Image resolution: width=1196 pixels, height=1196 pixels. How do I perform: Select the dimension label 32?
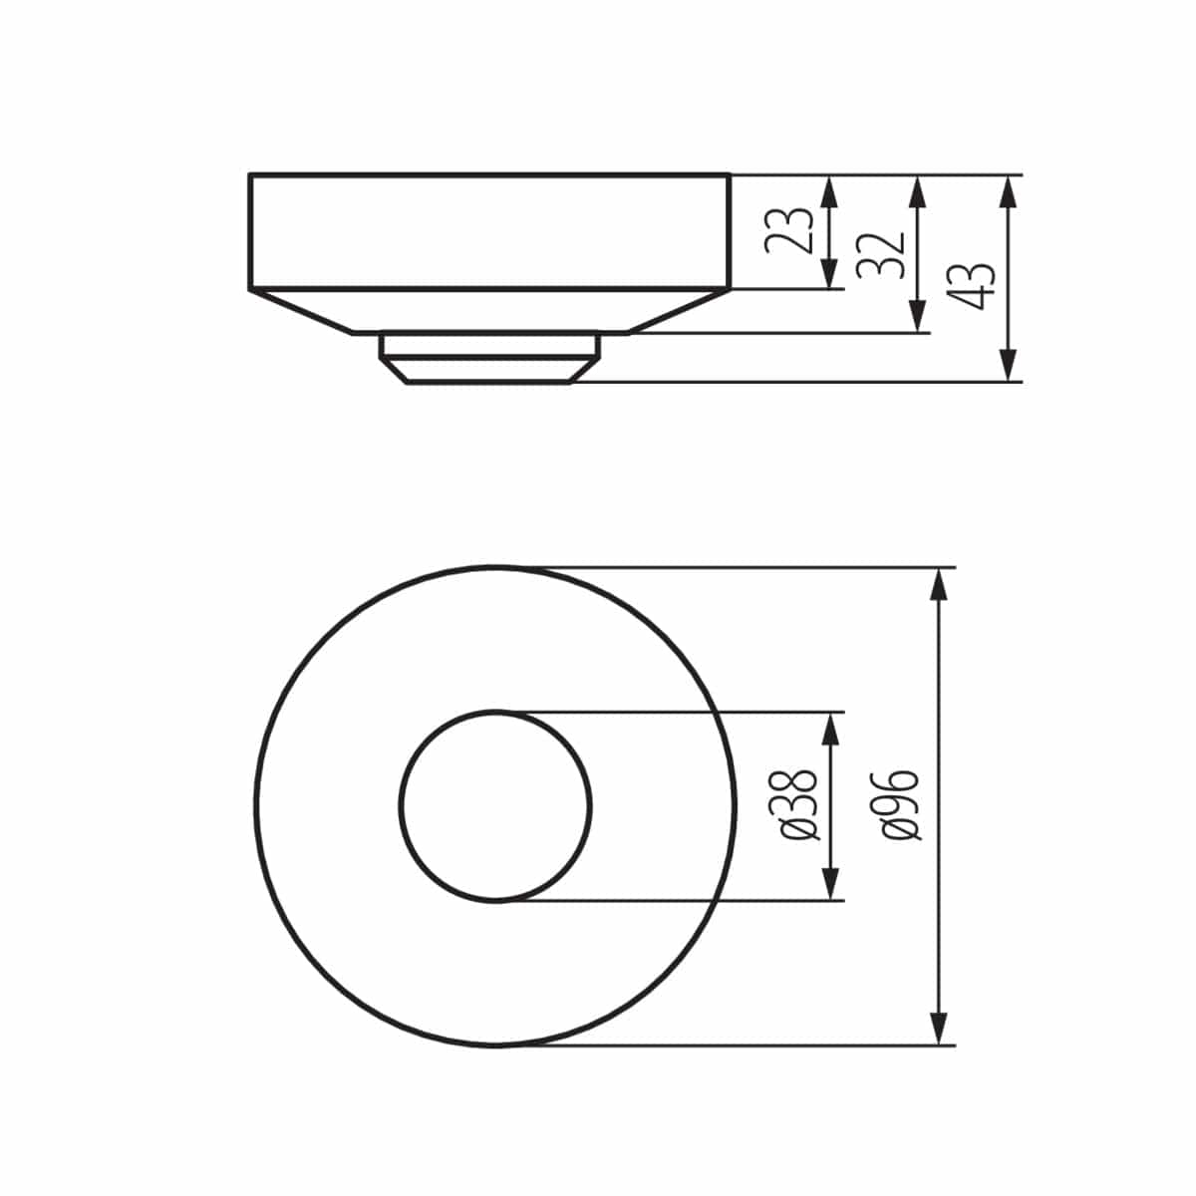(881, 254)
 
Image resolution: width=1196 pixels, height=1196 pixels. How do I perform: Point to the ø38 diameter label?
(798, 806)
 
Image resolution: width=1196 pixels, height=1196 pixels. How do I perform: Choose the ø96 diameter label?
(901, 805)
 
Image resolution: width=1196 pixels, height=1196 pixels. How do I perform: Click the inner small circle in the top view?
(495, 805)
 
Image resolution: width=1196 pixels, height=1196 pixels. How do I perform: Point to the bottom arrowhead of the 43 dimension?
(1009, 365)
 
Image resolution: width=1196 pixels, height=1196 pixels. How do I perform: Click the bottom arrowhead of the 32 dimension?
(917, 317)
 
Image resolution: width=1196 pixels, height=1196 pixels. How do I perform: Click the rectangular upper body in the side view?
(488, 231)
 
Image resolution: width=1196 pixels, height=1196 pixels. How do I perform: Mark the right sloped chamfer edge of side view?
(678, 312)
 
